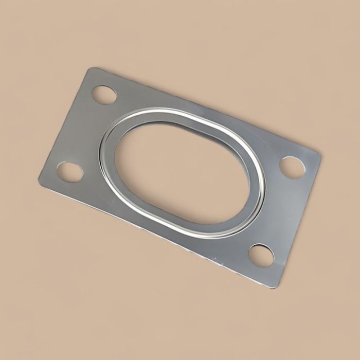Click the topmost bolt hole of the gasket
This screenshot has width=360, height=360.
104,95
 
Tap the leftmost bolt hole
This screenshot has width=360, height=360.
69,171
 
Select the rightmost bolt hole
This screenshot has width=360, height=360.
292,167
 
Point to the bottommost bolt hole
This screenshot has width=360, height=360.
261,255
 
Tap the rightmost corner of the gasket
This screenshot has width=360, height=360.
320,154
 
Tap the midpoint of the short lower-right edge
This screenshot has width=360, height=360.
300,221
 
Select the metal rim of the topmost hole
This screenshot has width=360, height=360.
104,85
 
